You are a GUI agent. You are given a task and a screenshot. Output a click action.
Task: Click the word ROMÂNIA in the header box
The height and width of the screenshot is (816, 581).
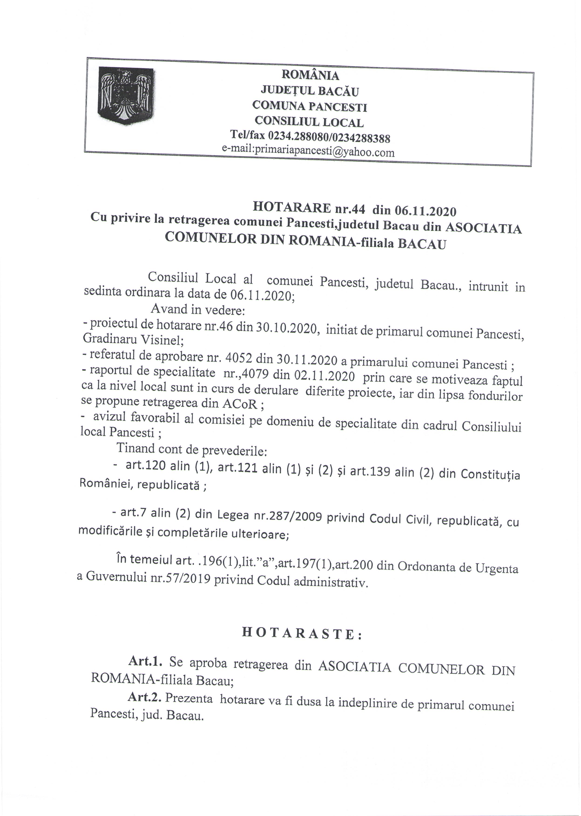click(310, 75)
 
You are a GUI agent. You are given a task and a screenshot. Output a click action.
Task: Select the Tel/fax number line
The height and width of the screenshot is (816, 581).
click(310, 137)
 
